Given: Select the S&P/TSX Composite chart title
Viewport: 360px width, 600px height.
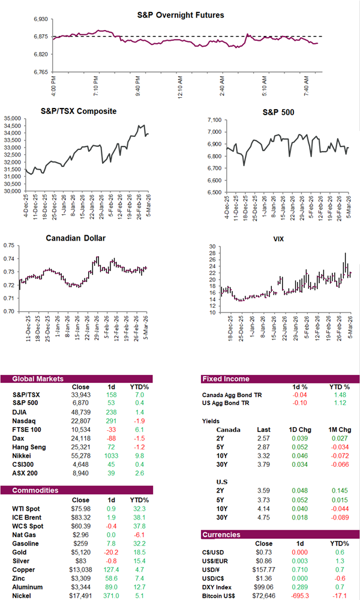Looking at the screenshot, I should [78, 111].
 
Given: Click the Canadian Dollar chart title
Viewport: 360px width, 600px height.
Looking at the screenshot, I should [76, 238].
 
